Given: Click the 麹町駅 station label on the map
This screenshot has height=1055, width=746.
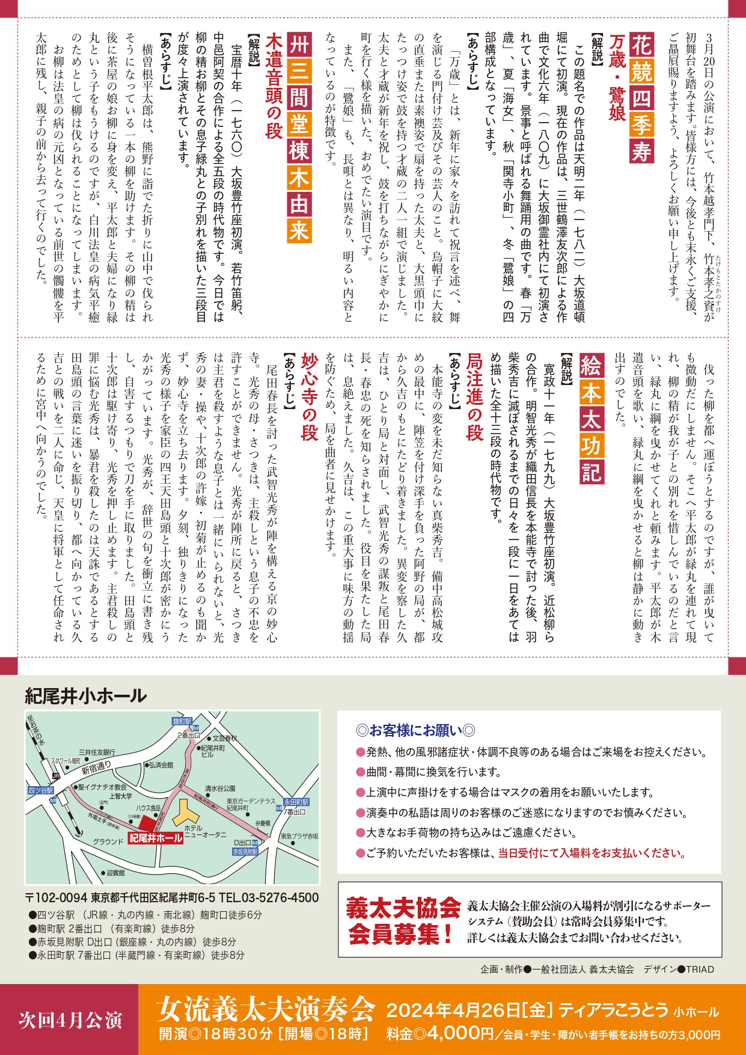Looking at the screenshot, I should [x=181, y=721].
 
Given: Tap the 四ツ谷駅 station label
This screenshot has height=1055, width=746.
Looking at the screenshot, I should [x=40, y=790].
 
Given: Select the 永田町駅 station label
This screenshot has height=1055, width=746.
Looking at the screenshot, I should [x=296, y=802].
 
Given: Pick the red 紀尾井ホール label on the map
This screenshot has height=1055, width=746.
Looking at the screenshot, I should [x=156, y=838].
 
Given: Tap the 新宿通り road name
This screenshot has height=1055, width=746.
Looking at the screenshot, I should [x=96, y=770].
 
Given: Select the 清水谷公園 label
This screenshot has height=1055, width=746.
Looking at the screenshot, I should [x=220, y=788].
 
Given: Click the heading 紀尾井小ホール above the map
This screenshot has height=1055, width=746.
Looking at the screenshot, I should [x=86, y=696].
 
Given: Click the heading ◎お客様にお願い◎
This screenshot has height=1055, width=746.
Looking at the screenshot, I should [x=416, y=730].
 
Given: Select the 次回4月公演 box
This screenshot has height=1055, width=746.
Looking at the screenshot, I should [x=70, y=1020].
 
